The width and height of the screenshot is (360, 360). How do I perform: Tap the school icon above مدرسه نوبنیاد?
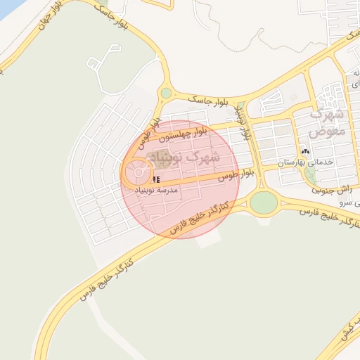click(155, 180)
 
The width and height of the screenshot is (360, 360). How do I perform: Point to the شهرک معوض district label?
click(327, 121)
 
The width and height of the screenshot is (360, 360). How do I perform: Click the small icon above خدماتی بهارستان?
click(305, 151)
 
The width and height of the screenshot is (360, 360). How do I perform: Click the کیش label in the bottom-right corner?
click(348, 332)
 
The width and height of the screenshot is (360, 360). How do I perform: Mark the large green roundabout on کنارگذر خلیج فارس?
click(264, 202)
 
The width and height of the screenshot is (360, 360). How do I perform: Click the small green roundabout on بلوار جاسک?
click(166, 93)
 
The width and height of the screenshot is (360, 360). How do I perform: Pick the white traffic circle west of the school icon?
click(138, 172)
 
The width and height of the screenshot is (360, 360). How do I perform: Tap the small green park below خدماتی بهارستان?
click(310, 174)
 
